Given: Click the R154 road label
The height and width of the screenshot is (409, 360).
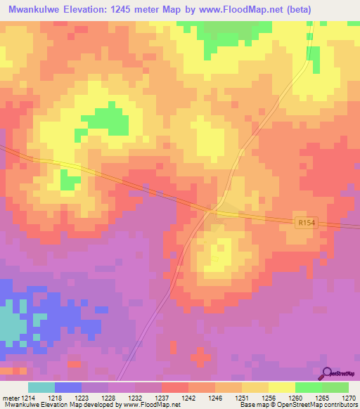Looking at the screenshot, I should pyautogui.click(x=304, y=222).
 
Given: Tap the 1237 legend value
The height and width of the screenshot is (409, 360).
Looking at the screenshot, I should pyautogui.click(x=162, y=398).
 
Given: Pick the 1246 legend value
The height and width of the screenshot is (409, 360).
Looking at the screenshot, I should pyautogui.click(x=216, y=398).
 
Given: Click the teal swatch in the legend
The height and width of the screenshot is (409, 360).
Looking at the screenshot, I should pyautogui.click(x=41, y=387).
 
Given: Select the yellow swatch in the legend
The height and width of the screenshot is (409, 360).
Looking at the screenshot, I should pyautogui.click(x=282, y=387).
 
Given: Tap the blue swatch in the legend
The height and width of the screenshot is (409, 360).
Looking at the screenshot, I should pyautogui.click(x=68, y=387).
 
